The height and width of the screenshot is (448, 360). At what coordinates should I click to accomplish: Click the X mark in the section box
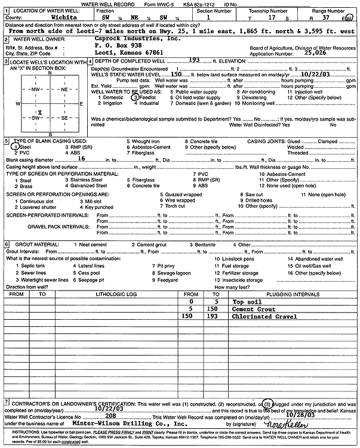(39, 112)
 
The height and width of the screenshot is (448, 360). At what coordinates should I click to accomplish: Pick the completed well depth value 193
(193, 61)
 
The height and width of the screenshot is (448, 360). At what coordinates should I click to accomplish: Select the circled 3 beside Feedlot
(136, 97)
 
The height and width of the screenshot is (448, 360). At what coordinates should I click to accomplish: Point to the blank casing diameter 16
(82, 159)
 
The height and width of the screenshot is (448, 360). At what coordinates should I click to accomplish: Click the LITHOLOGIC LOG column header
(115, 294)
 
